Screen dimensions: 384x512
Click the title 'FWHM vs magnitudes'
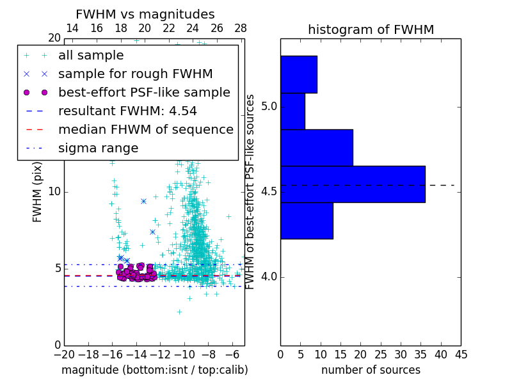click(145, 14)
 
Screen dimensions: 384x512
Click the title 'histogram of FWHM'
click(371, 29)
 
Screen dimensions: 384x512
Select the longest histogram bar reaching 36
click(353, 184)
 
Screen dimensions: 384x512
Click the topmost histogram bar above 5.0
click(298, 74)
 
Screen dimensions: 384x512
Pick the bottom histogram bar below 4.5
click(307, 221)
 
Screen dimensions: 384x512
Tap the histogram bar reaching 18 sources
click(316, 148)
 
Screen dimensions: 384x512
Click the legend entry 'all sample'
click(91, 56)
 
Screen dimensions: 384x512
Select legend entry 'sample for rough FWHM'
click(135, 74)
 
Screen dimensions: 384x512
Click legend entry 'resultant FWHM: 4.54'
click(127, 111)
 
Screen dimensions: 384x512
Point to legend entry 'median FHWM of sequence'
click(145, 129)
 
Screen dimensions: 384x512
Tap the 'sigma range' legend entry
click(98, 148)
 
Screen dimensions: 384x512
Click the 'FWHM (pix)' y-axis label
click(38, 191)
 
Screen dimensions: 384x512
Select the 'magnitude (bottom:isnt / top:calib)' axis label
click(154, 370)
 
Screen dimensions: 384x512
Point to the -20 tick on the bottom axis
click(64, 355)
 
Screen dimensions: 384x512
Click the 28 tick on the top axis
click(241, 28)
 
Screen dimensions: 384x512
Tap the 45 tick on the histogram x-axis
click(461, 355)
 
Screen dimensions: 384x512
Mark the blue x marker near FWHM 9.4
click(143, 201)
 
